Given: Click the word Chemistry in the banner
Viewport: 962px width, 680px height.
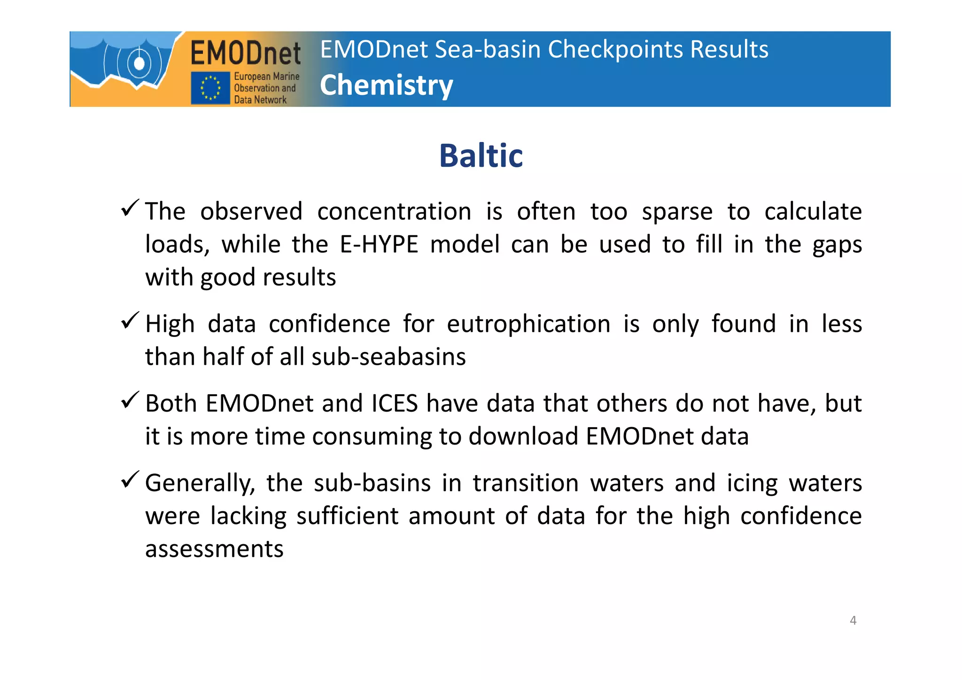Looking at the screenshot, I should [x=386, y=86].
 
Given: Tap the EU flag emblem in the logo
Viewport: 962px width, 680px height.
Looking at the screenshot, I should [x=210, y=88].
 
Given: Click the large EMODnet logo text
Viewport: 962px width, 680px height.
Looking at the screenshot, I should [x=245, y=53].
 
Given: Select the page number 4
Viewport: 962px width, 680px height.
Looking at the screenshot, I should [x=853, y=620].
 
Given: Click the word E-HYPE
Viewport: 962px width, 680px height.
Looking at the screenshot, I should [x=379, y=244].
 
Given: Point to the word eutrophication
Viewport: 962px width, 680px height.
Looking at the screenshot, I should [x=528, y=324].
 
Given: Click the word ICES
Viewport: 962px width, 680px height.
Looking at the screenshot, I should [x=395, y=403].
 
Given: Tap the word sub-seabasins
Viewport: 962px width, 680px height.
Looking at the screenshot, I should [x=388, y=357].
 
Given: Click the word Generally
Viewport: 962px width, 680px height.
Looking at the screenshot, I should [x=200, y=483].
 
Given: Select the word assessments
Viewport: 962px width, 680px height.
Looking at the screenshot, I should [x=214, y=549].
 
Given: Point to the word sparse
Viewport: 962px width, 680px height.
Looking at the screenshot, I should [x=677, y=211].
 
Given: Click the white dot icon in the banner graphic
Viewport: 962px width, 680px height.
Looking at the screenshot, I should [x=139, y=63].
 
